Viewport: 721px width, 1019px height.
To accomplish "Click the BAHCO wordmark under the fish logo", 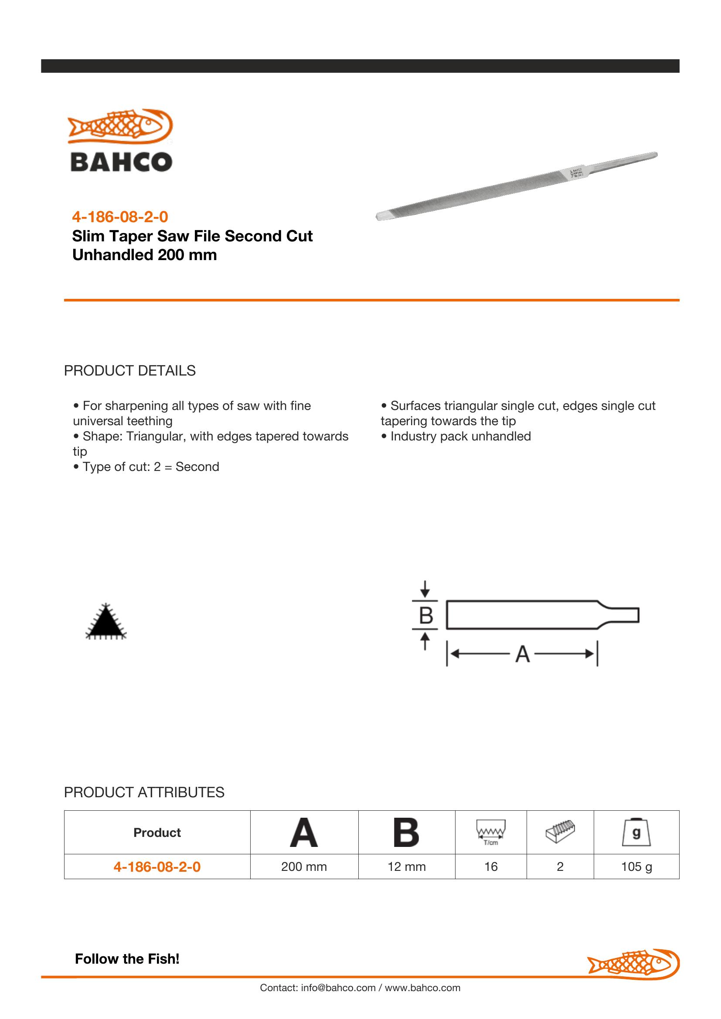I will [x=121, y=162].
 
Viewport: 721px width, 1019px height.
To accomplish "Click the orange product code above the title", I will [x=120, y=217].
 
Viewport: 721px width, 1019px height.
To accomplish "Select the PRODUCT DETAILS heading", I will [x=129, y=371].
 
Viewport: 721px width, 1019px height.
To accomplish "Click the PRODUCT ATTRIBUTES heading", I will [x=144, y=792].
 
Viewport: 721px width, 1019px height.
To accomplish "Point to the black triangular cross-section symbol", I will [x=105, y=623].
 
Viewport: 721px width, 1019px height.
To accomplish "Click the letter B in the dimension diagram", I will [x=426, y=616].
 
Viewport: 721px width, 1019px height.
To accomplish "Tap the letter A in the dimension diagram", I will [x=523, y=654].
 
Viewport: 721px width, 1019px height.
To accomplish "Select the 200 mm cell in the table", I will [x=304, y=867].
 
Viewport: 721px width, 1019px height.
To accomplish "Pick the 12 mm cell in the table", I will [x=407, y=867].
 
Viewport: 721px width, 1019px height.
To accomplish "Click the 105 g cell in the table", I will [x=636, y=867].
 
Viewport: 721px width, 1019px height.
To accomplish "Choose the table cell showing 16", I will [x=490, y=867].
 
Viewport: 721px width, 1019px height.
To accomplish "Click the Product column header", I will [x=157, y=833].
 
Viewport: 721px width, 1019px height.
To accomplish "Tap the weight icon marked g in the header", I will [x=636, y=833].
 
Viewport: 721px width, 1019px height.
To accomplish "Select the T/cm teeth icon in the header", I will [x=490, y=833].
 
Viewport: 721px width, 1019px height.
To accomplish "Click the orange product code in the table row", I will [x=157, y=867].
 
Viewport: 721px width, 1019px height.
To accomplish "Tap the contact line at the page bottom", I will [x=360, y=988].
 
